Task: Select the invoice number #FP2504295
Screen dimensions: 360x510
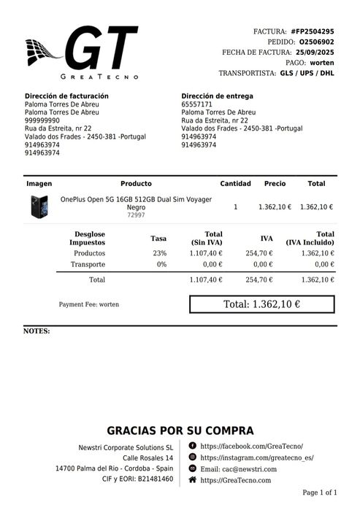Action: tap(312, 31)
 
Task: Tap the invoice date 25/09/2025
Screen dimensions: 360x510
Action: tap(315, 53)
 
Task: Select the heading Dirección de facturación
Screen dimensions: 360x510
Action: tap(66, 96)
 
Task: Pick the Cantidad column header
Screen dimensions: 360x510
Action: tap(235, 184)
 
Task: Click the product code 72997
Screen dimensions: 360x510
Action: tap(136, 215)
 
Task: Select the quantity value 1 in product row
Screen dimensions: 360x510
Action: tap(235, 207)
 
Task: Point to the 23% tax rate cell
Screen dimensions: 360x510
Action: tap(159, 253)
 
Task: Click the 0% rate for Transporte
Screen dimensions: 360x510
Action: tap(161, 264)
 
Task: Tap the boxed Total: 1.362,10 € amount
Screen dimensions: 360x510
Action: tap(261, 304)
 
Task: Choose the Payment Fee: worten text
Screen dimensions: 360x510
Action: tap(88, 304)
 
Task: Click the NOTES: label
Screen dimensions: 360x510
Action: tap(37, 331)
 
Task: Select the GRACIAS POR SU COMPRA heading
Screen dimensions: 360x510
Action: tap(180, 431)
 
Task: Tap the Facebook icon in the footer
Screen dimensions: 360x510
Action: tap(192, 445)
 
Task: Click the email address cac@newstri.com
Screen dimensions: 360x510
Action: tap(248, 468)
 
